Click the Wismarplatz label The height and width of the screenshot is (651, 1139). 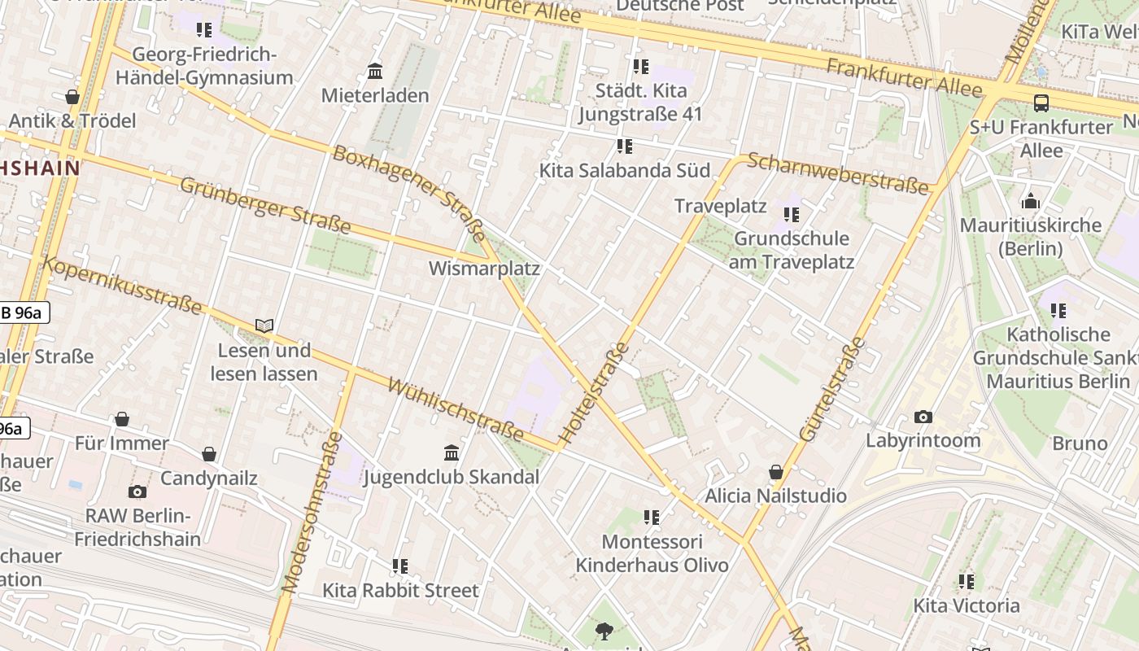tap(484, 268)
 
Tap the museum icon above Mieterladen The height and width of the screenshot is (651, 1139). tap(375, 72)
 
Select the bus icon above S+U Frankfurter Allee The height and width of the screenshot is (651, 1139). tap(1041, 103)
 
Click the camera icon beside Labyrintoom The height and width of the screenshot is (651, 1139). tap(923, 417)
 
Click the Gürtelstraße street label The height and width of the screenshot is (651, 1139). tap(833, 389)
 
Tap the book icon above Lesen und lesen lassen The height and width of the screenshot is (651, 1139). tap(264, 325)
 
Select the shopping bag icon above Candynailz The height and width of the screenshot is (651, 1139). tap(209, 453)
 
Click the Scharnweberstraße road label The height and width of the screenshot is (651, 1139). tap(837, 173)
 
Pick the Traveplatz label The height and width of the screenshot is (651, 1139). tap(721, 206)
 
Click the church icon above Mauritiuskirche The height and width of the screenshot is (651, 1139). tap(1031, 200)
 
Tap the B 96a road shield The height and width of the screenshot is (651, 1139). tap(24, 312)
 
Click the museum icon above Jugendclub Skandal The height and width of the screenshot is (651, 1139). tap(451, 452)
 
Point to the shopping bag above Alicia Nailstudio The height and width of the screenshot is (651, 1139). tap(775, 472)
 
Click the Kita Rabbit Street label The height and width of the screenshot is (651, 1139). tap(400, 590)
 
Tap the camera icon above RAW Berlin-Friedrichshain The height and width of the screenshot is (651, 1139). tap(137, 492)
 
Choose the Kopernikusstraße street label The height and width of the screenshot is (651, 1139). tap(122, 285)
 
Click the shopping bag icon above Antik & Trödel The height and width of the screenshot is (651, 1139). tap(72, 97)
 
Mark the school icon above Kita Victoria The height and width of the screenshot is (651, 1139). tap(966, 581)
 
